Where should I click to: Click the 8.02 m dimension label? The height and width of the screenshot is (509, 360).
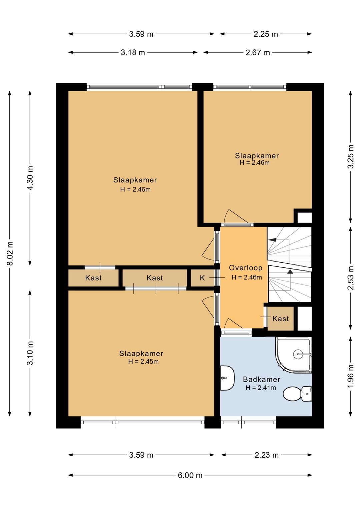(x=10, y=253)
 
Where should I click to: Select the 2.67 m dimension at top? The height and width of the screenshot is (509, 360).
(x=258, y=52)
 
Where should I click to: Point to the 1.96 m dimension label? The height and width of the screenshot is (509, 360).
(x=351, y=376)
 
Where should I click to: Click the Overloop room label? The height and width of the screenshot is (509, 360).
(x=246, y=268)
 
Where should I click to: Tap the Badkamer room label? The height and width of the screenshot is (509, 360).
(x=261, y=379)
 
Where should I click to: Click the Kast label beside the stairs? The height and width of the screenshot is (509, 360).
(x=281, y=319)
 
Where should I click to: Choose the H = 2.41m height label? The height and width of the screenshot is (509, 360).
(x=261, y=388)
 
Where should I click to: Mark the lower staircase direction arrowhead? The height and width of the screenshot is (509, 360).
(x=290, y=272)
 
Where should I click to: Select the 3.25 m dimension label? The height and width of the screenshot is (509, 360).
(x=351, y=156)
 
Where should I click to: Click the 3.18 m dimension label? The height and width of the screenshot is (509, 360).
(x=133, y=52)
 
